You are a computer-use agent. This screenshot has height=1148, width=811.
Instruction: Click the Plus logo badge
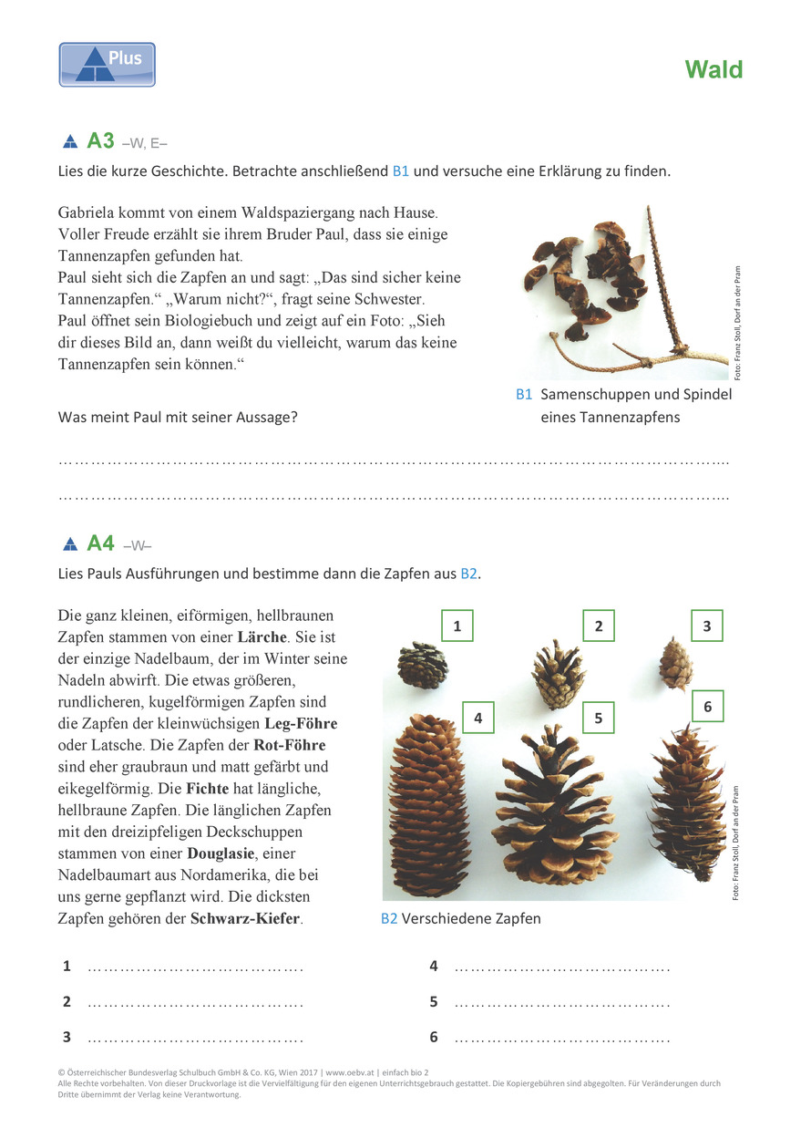point(108,65)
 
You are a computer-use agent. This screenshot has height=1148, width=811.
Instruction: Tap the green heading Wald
point(713,69)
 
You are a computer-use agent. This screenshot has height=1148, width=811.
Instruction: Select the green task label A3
point(100,140)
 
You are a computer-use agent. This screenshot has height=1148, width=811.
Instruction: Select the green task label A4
point(100,543)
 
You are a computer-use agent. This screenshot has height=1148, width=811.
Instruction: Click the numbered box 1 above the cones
point(457,626)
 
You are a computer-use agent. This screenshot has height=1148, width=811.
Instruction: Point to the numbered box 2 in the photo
point(599,626)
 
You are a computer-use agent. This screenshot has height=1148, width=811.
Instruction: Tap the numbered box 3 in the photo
point(707,626)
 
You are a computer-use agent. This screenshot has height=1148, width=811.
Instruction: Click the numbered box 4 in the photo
point(478,718)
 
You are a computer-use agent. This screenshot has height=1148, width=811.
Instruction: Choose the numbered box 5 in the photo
point(599,718)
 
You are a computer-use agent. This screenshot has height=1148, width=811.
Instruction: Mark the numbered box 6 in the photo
point(707,707)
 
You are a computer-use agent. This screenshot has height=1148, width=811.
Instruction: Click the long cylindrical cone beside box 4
point(428,806)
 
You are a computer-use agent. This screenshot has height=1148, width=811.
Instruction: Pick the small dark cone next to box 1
point(423,664)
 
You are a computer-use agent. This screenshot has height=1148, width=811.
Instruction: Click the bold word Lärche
point(262,637)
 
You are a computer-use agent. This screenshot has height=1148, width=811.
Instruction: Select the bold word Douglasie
point(221,853)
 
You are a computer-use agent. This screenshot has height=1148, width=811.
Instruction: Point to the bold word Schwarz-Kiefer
point(245,918)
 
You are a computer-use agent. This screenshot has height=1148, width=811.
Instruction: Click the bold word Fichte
point(207,788)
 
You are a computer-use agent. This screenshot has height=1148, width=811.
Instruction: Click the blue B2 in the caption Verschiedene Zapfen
point(389,918)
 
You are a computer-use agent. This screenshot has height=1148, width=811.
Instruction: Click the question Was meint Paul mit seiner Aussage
point(178,418)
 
